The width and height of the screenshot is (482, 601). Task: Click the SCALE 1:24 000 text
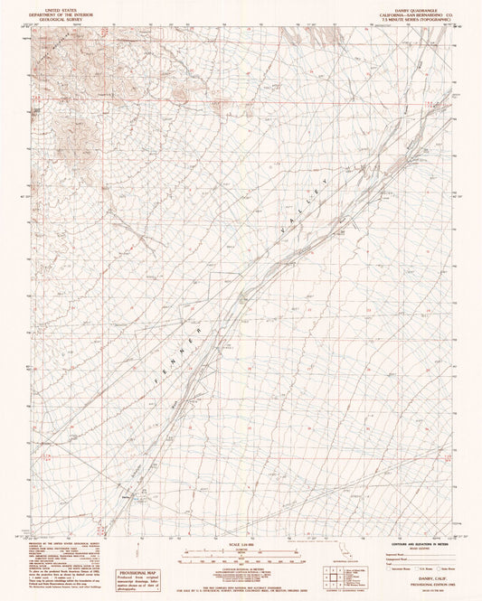click(x=241, y=543)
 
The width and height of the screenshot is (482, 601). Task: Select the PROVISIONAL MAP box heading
click(x=136, y=572)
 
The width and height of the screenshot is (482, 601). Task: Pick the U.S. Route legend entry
click(x=418, y=570)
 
